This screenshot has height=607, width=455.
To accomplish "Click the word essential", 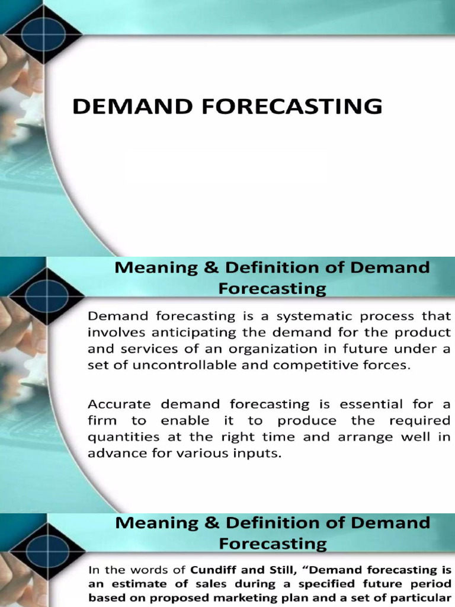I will (x=370, y=404).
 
